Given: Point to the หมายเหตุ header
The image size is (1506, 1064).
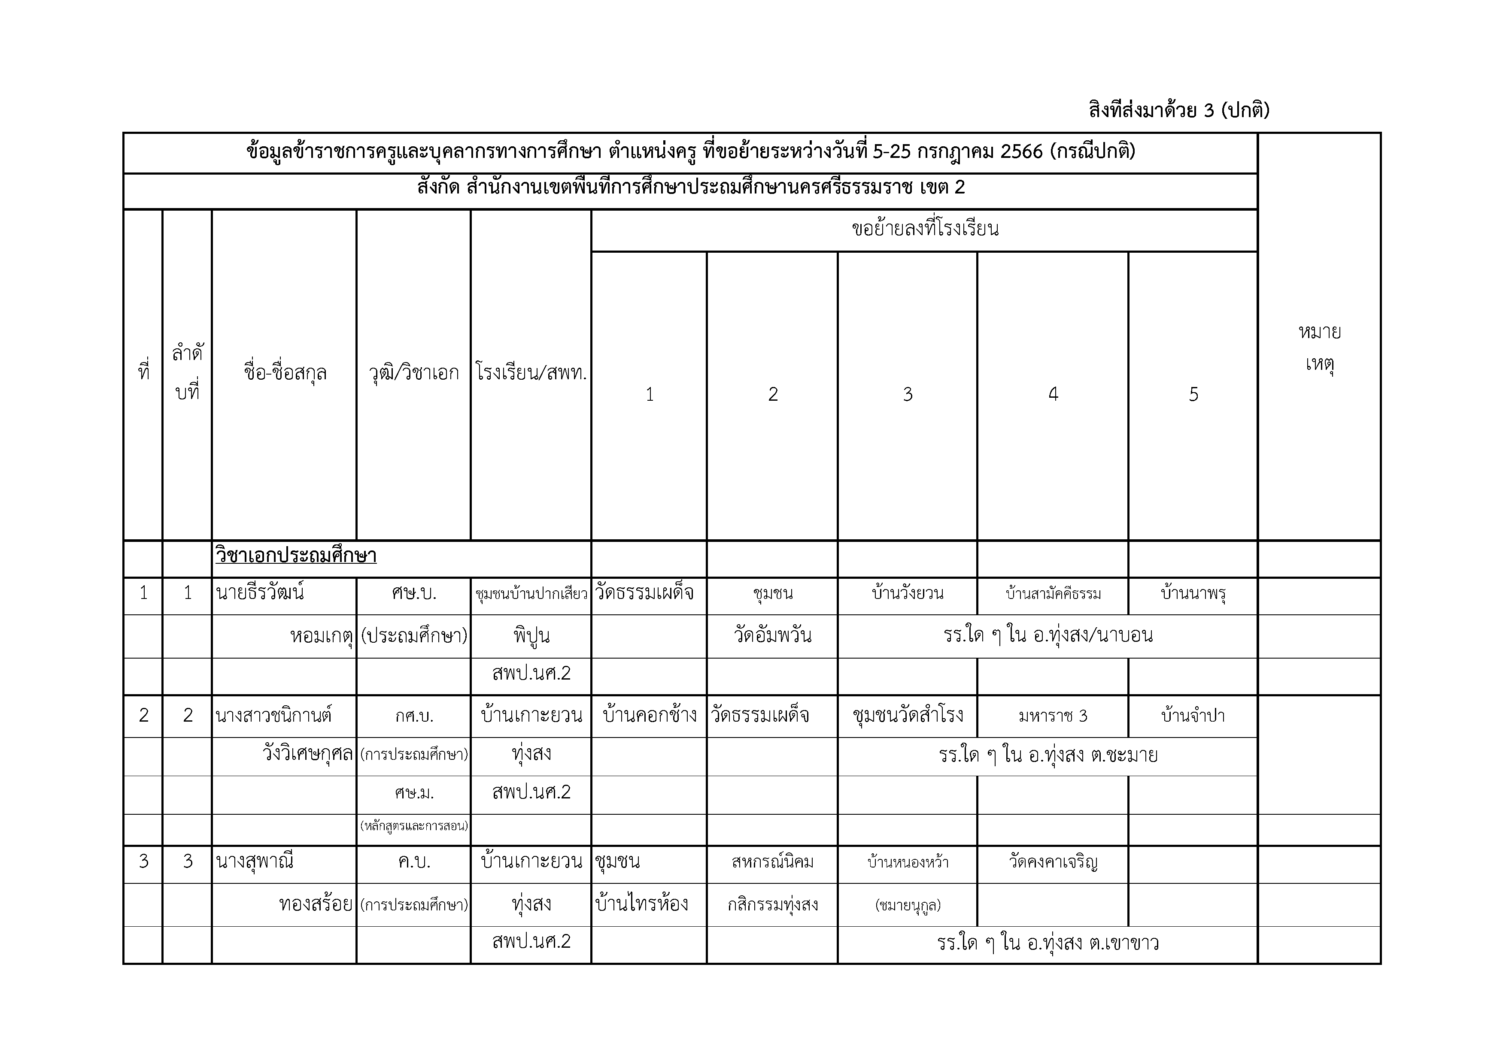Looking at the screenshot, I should [x=1319, y=348].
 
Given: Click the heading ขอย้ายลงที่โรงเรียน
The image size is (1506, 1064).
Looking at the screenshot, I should [x=924, y=230].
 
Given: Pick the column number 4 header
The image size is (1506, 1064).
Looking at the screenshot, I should [x=1053, y=394].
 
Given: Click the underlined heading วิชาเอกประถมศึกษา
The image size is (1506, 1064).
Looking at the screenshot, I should [x=296, y=556].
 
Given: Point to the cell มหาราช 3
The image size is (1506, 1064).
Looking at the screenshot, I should [x=1053, y=716].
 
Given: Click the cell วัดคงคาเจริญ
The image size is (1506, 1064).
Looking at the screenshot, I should [x=1053, y=862].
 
